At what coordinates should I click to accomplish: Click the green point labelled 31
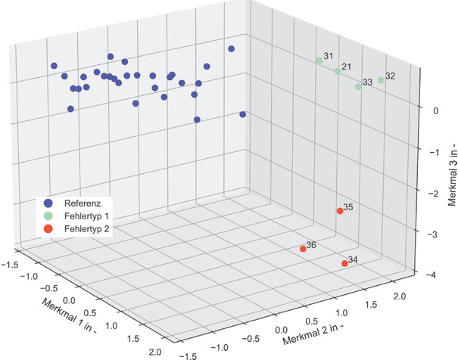coord(319,61)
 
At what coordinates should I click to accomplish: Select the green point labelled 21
coord(338,71)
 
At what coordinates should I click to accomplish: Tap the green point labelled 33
coord(359,87)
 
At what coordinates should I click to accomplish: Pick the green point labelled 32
coord(382,80)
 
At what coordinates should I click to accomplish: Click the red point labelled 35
coord(340,211)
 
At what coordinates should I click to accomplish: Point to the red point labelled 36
coord(303,249)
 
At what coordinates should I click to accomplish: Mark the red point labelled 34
coord(344,263)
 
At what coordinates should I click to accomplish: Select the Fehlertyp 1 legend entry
coord(88,215)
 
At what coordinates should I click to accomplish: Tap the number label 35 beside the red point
coord(348,206)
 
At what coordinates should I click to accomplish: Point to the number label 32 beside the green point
coord(390,76)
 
